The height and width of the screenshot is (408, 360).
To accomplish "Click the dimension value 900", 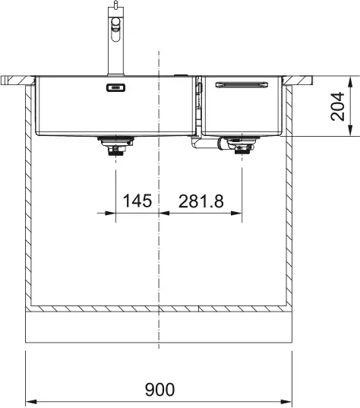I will pos(159,389).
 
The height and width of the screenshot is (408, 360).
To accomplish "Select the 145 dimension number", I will pos(137,201).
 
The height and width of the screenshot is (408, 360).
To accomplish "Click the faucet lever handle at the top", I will pos(115,30).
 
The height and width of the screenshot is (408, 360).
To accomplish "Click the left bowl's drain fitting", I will pos(115,145).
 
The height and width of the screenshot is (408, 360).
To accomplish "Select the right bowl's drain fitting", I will pos(243,146).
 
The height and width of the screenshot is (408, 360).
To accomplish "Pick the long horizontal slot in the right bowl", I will pos(241,84).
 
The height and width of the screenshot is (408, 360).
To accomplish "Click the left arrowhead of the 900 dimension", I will pos(29,401).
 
